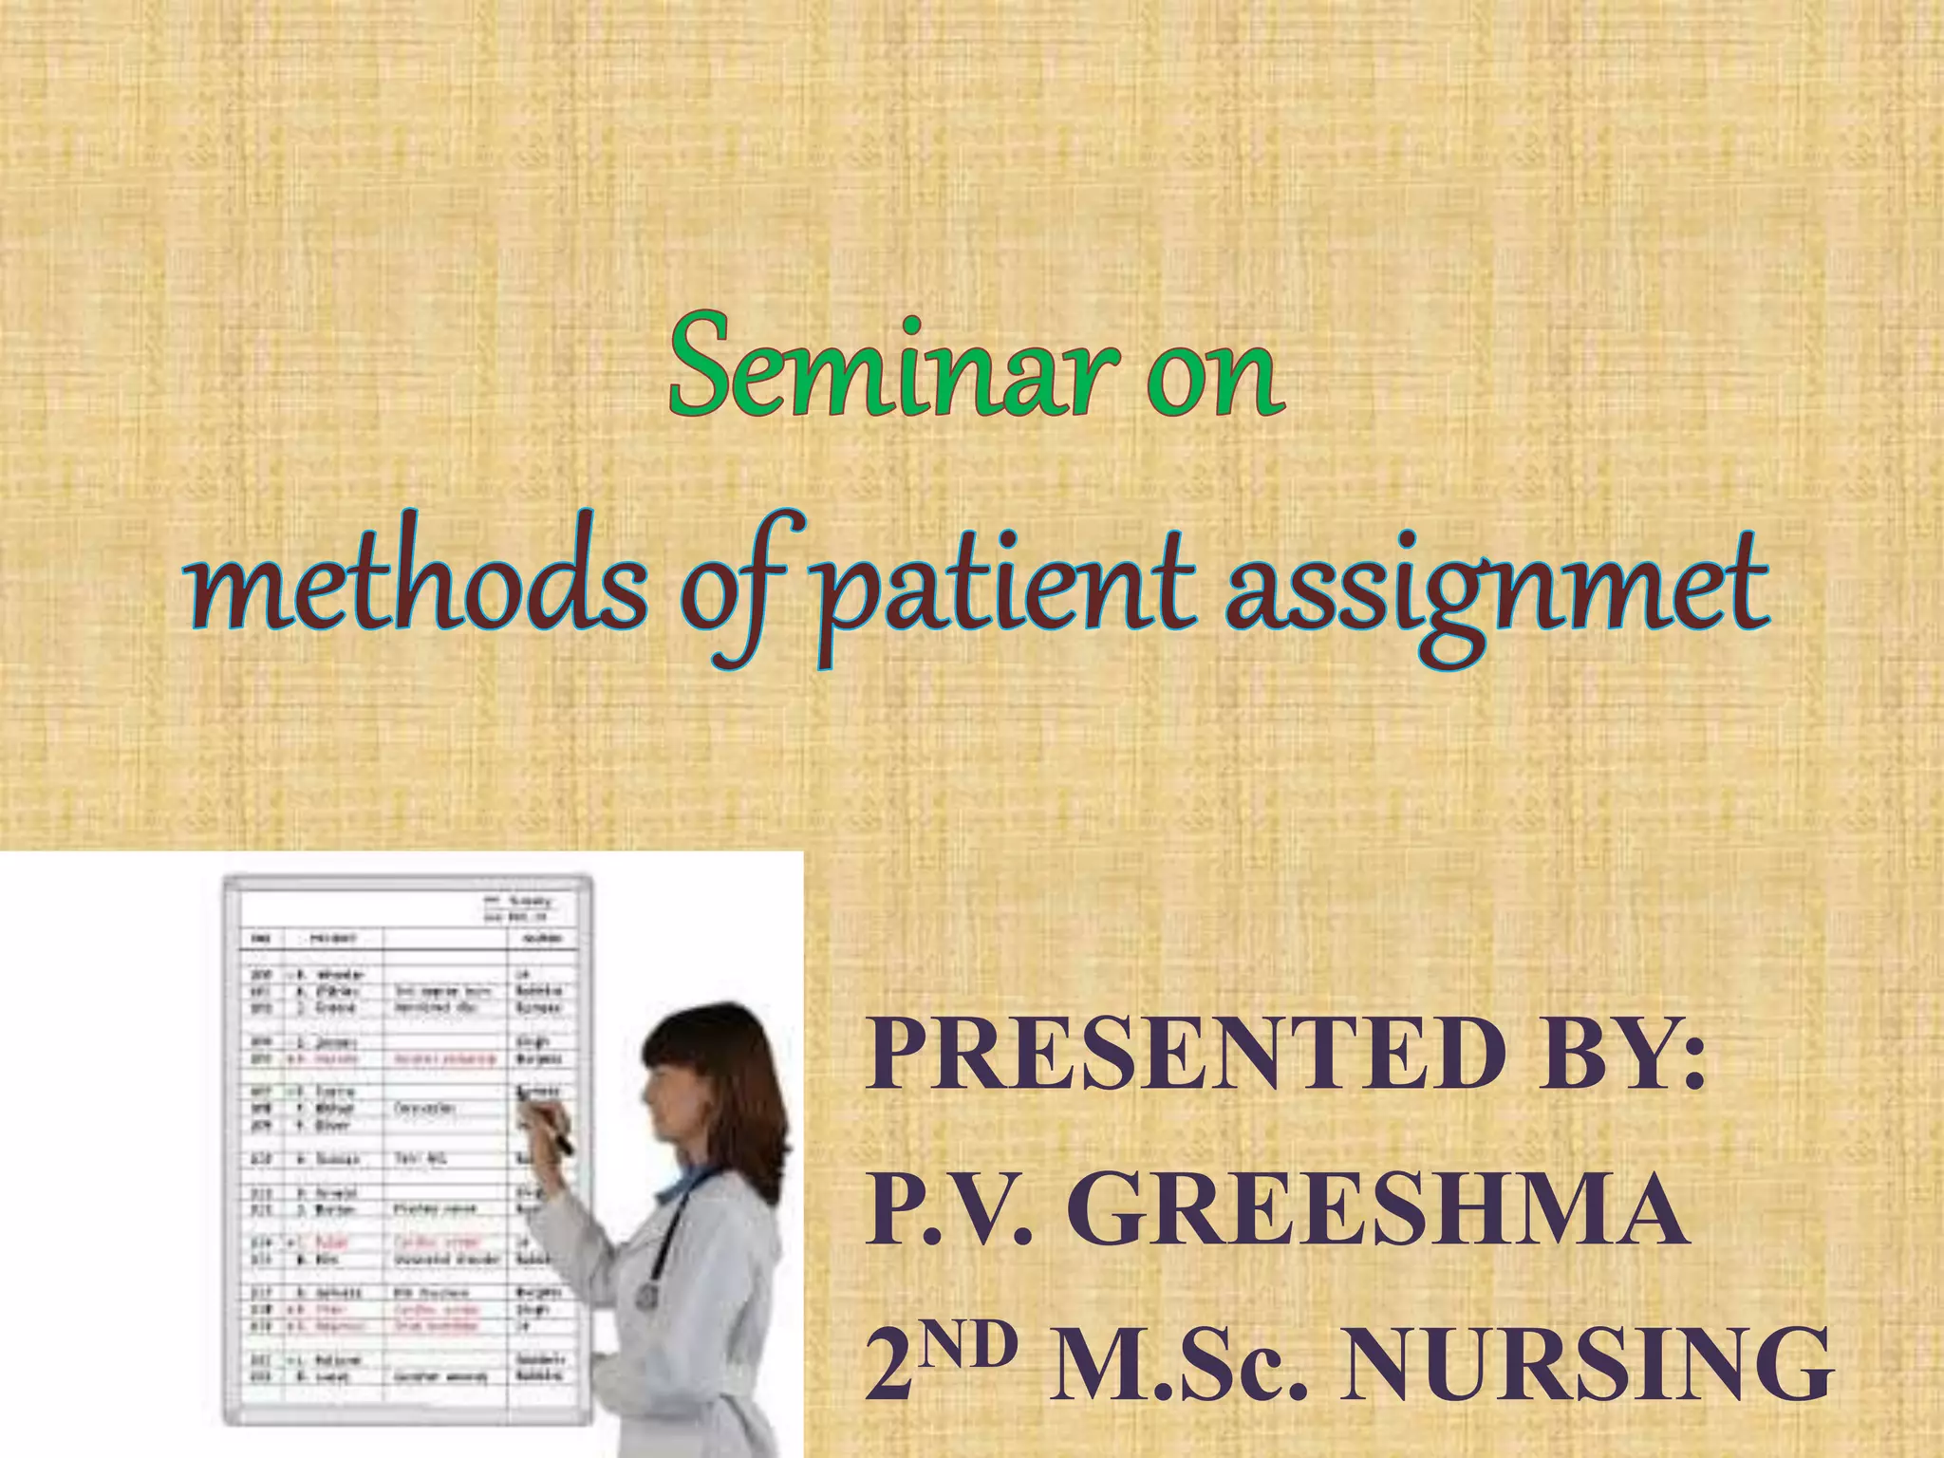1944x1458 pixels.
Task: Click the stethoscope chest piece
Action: coord(647,1295)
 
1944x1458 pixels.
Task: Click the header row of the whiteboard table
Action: coord(408,938)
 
